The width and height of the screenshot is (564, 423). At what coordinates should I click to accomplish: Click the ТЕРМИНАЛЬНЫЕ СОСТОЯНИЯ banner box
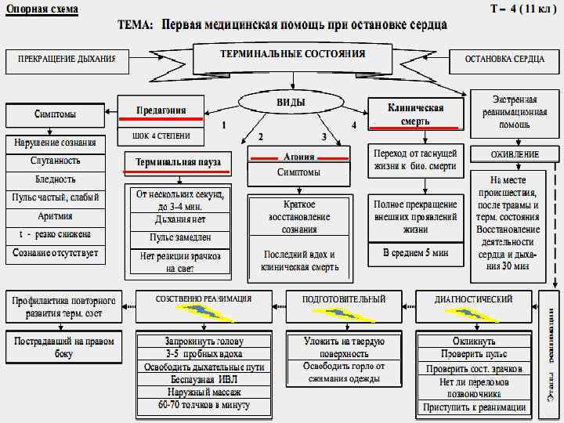[x=292, y=56]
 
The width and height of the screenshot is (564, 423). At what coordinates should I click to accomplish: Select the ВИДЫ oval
[x=291, y=103]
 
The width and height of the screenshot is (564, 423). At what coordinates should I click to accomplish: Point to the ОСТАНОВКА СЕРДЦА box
[x=504, y=60]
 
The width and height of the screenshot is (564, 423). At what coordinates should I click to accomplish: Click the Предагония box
[x=161, y=110]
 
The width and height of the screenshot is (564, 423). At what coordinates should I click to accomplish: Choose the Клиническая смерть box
[x=415, y=114]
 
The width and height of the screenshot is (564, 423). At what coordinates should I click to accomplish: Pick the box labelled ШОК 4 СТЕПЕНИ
[x=161, y=136]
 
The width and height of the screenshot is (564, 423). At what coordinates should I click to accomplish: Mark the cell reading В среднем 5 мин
[x=415, y=254]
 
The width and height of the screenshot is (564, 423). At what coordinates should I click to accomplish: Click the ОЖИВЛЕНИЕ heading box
[x=515, y=154]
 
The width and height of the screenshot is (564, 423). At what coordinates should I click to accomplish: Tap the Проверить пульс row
[x=474, y=355]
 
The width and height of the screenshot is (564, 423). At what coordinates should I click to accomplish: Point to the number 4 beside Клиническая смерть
[x=354, y=125]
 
